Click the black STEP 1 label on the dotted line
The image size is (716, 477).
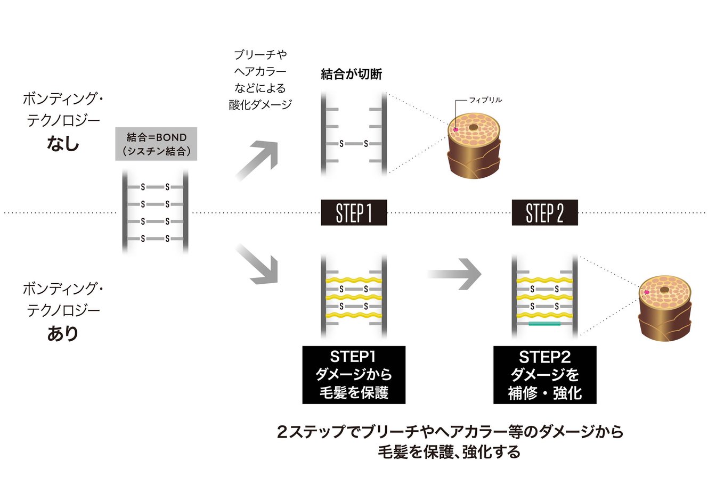tap(354, 213)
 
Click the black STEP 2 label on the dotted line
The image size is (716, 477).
tap(544, 213)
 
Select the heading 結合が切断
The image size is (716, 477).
tap(352, 75)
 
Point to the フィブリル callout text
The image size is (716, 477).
tap(485, 100)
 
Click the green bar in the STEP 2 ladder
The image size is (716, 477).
tap(544, 323)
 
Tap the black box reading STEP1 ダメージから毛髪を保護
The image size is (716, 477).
tap(354, 375)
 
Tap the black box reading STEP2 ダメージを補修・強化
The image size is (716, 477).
tap(544, 375)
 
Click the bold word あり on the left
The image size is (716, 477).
tap(62, 334)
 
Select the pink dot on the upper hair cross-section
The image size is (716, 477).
tap(455, 129)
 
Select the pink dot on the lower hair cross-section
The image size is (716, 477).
tap(646, 292)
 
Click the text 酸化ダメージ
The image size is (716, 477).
tap(260, 104)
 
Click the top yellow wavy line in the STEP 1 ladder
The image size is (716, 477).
tap(354, 280)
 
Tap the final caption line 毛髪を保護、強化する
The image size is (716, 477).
tap(449, 453)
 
